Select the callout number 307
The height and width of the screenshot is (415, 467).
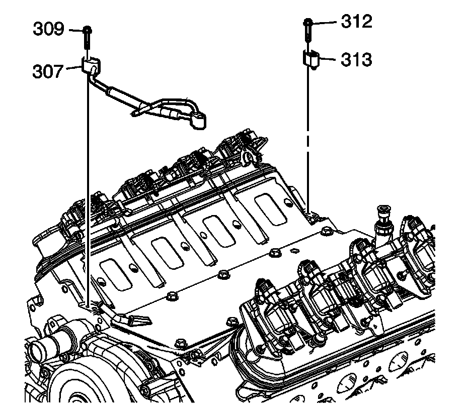[48, 71]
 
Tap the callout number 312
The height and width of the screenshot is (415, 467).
[356, 22]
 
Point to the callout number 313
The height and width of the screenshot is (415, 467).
[356, 60]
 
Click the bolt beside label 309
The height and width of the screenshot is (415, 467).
[88, 37]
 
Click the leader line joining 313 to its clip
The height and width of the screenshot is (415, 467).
[327, 59]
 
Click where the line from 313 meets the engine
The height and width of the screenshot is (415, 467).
[307, 211]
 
